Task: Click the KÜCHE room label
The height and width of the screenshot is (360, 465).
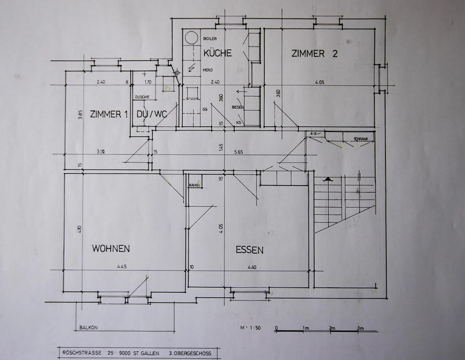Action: click(217, 53)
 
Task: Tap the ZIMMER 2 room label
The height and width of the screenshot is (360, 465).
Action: click(314, 54)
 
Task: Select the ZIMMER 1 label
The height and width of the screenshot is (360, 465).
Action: click(109, 114)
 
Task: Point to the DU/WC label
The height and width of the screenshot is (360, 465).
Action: click(151, 114)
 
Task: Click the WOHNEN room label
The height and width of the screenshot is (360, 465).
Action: click(111, 249)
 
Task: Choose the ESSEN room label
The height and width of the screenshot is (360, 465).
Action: click(249, 250)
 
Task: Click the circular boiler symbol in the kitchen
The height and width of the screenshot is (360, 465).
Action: click(191, 38)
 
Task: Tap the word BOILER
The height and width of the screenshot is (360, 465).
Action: click(210, 39)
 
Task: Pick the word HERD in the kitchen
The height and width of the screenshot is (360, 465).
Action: click(208, 70)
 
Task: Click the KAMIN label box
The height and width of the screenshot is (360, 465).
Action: click(195, 185)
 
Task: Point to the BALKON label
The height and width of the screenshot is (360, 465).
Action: click(88, 328)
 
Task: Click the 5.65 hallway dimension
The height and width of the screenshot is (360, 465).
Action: click(238, 152)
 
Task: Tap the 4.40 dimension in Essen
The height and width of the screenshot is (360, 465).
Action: click(252, 267)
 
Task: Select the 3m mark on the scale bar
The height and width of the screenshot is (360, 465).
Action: click(360, 328)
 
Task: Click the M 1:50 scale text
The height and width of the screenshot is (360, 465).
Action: click(250, 328)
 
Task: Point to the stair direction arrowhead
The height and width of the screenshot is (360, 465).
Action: click(328, 179)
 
